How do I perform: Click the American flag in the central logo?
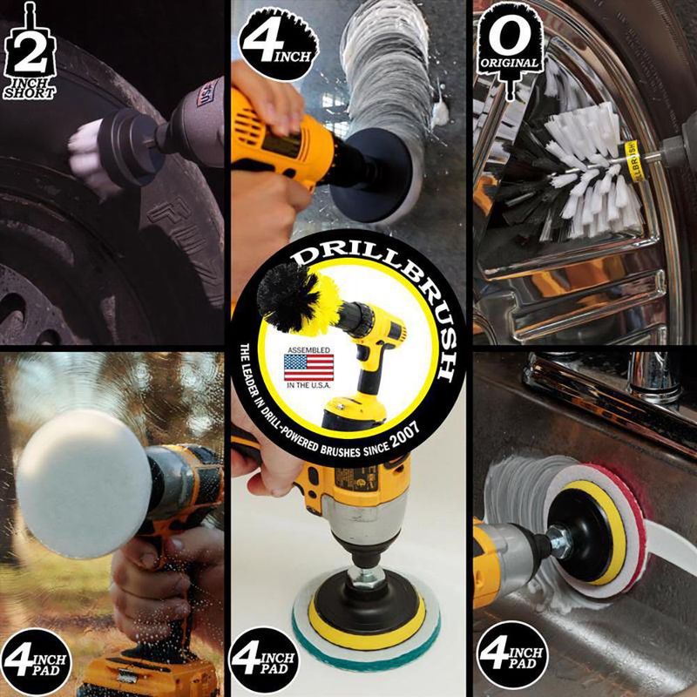[308, 367]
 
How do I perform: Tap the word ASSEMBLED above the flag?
[308, 345]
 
